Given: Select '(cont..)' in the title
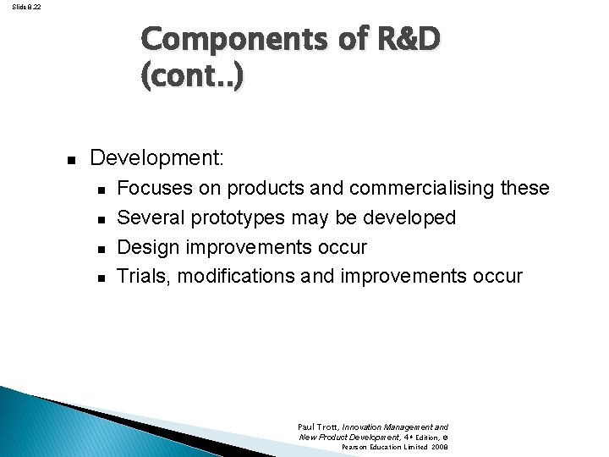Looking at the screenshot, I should click(193, 79).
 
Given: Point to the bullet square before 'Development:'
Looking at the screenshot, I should click(72, 159).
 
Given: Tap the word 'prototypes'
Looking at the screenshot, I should click(239, 217).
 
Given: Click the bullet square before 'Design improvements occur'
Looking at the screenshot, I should click(100, 248).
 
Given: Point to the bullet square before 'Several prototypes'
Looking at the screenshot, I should click(100, 218).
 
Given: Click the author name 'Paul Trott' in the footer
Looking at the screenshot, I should click(317, 427).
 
